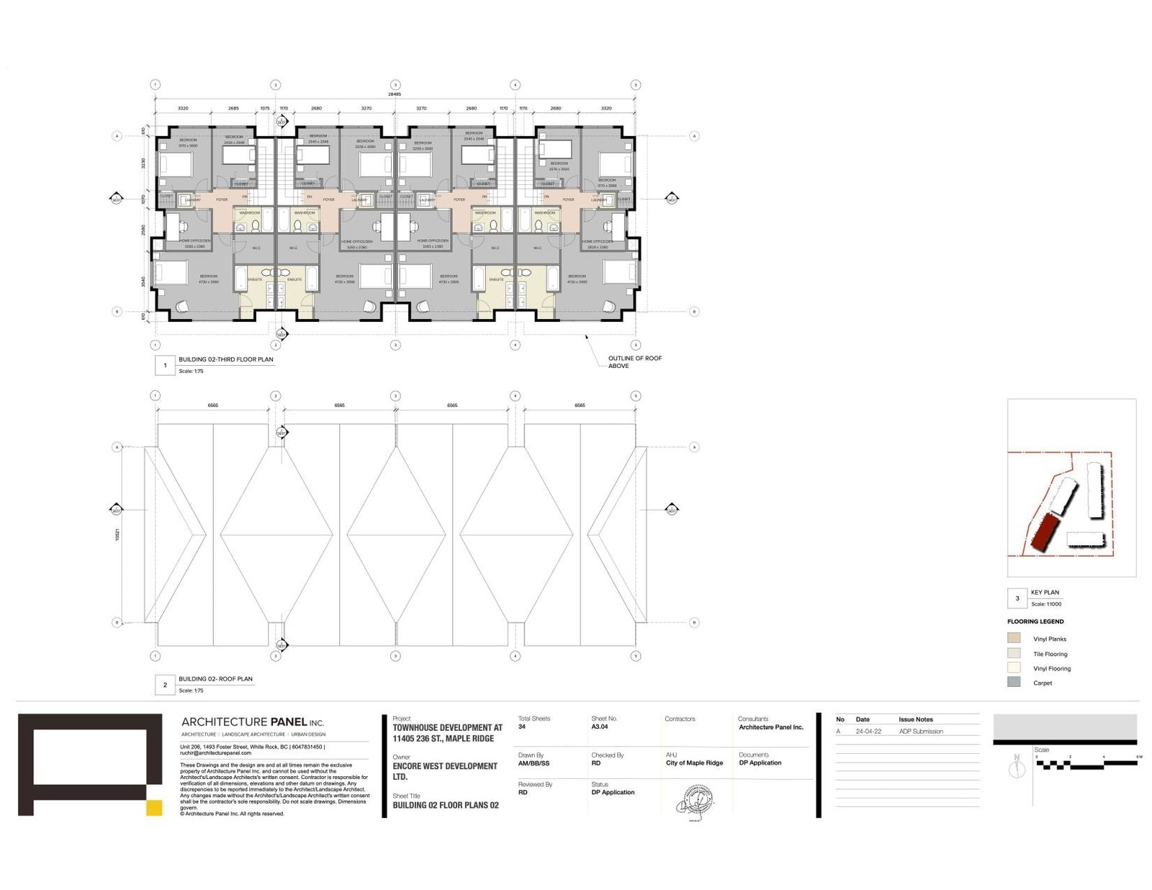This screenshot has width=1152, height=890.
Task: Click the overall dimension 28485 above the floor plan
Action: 395,94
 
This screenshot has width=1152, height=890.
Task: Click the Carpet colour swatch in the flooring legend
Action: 1014,682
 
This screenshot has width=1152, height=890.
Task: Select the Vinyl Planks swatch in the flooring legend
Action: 1014,638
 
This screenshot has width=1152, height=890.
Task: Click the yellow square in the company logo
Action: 154,807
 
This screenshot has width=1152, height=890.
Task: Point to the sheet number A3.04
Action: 599,727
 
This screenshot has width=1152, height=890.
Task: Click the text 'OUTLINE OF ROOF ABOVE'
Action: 634,361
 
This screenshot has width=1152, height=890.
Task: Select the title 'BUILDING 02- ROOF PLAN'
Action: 215,679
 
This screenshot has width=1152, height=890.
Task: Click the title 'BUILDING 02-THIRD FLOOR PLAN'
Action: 226,359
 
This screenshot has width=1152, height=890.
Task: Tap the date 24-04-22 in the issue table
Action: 868,731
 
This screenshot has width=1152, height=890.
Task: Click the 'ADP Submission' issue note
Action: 921,731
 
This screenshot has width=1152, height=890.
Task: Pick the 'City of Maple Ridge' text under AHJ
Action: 694,763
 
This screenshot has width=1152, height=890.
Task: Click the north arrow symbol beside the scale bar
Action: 1017,768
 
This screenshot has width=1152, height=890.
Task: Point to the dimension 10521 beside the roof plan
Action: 117,535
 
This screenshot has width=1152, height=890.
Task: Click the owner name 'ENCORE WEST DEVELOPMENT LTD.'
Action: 444,771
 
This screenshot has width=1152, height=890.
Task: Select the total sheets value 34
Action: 522,727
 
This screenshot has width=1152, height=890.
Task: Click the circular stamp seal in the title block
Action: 696,799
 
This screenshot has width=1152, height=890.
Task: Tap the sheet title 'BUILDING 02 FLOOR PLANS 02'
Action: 445,805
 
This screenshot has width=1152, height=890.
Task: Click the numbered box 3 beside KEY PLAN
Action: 1017,598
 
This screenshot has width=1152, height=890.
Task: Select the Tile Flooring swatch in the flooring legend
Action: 1014,653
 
